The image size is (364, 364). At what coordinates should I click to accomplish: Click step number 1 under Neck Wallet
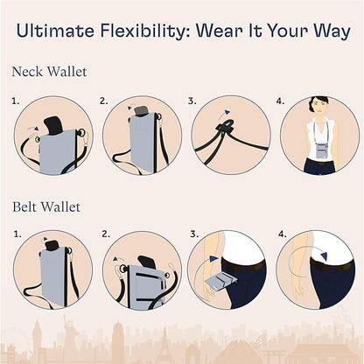pyautogui.click(x=14, y=101)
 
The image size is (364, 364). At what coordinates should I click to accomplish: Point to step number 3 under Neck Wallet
pyautogui.click(x=192, y=101)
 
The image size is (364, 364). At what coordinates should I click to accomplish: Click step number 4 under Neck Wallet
pyautogui.click(x=281, y=101)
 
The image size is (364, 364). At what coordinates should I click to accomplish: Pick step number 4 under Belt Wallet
pyautogui.click(x=281, y=235)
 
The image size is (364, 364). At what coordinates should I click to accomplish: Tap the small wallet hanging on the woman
pyautogui.click(x=320, y=149)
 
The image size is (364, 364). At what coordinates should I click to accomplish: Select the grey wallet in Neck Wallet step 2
pyautogui.click(x=141, y=140)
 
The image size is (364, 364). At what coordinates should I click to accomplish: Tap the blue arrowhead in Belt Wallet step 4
pyautogui.click(x=323, y=256)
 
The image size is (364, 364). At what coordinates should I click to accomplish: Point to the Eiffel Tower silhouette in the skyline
pyautogui.click(x=164, y=343)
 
